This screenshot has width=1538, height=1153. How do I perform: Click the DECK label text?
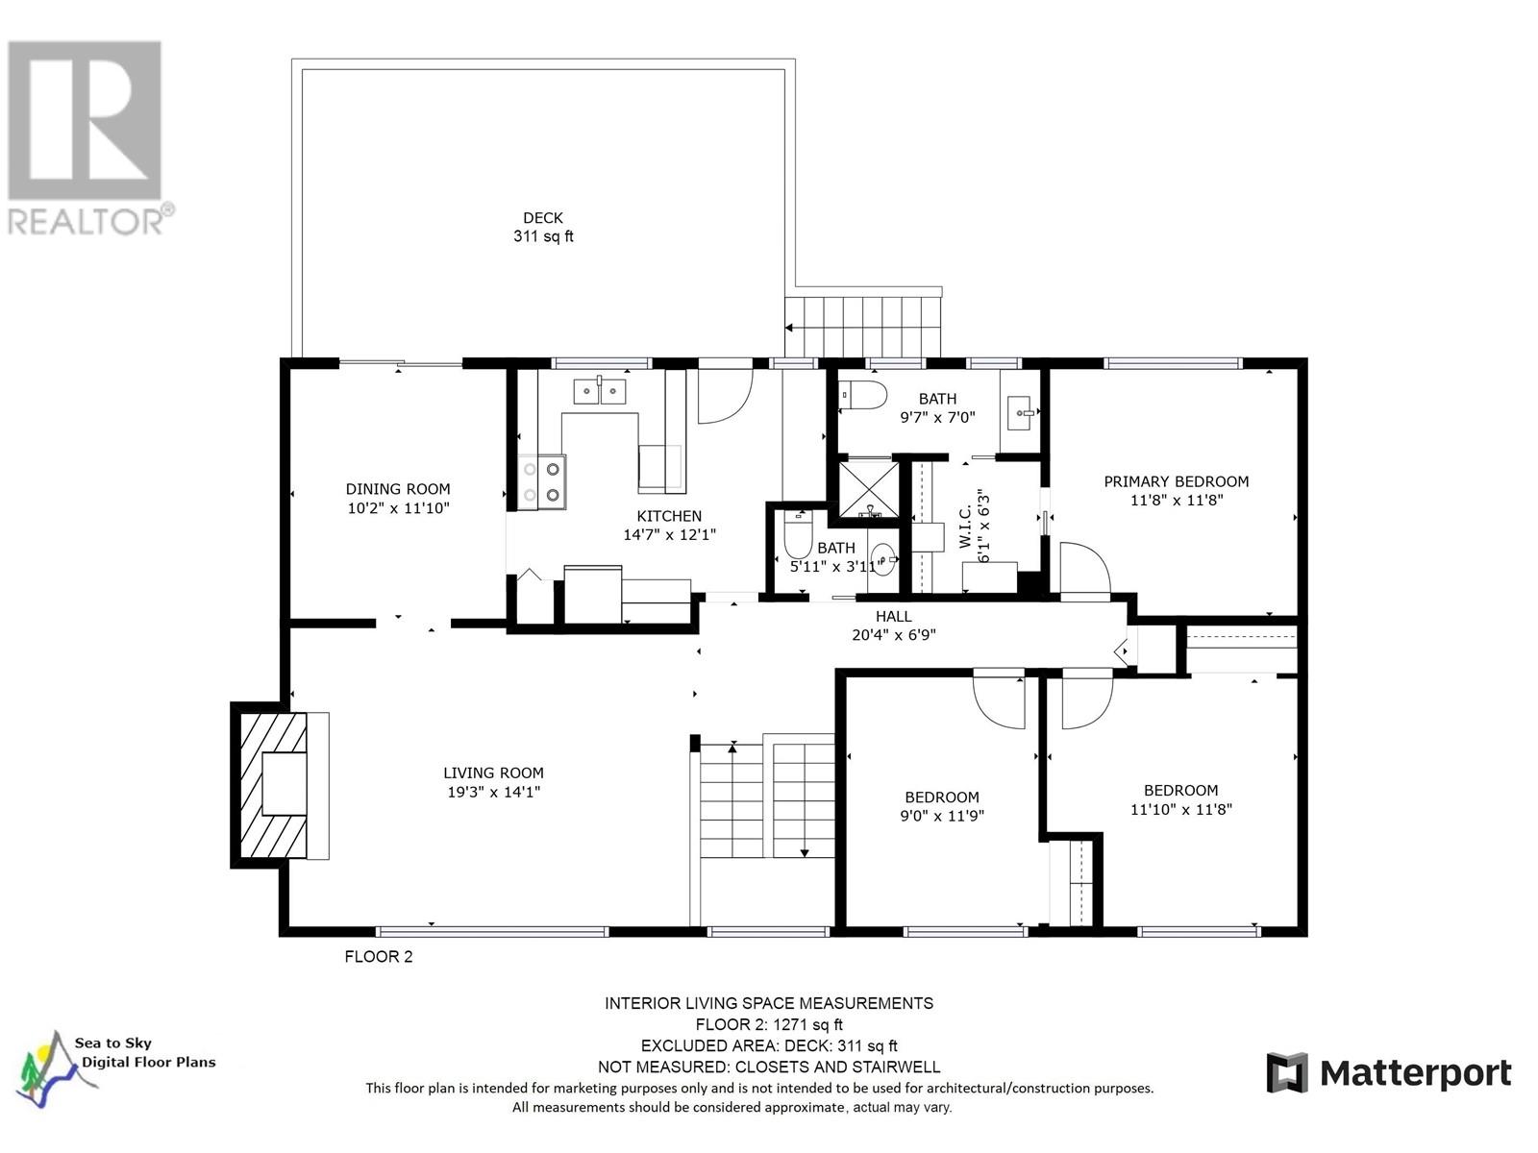pyautogui.click(x=543, y=218)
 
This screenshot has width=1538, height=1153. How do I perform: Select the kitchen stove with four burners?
pyautogui.click(x=541, y=482)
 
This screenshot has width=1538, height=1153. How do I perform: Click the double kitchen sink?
pyautogui.click(x=600, y=391)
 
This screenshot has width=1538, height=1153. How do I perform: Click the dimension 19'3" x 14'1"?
pyautogui.click(x=494, y=792)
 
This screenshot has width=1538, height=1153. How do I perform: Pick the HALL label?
pyautogui.click(x=893, y=617)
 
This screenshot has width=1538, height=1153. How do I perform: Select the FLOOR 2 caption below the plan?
pyautogui.click(x=379, y=957)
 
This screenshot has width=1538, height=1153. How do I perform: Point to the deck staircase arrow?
pyautogui.click(x=790, y=328)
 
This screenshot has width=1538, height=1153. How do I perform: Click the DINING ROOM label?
pyautogui.click(x=398, y=489)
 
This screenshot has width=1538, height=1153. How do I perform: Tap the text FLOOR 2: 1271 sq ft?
pyautogui.click(x=768, y=1024)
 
